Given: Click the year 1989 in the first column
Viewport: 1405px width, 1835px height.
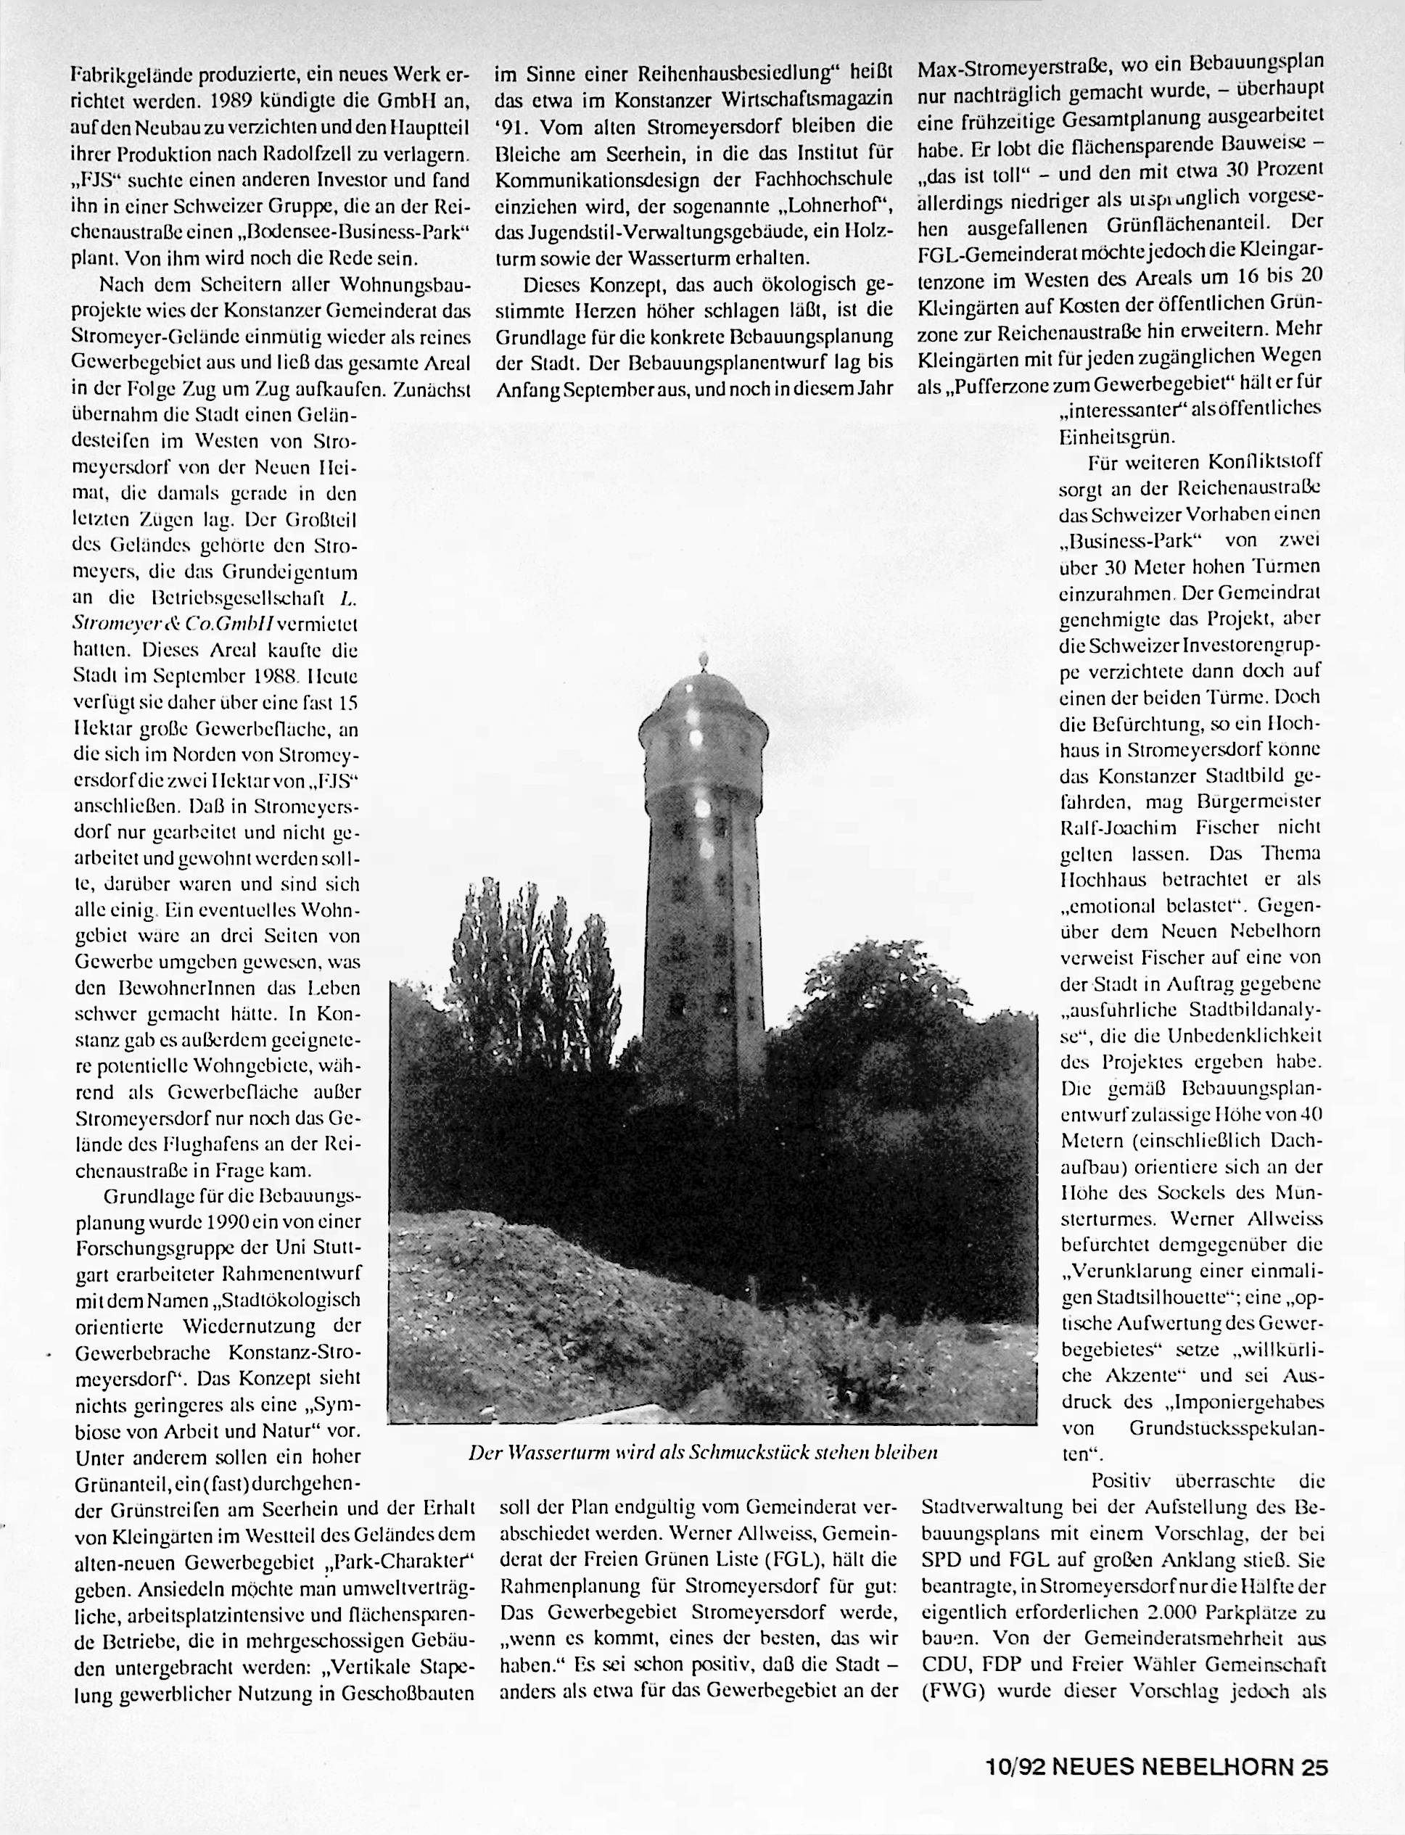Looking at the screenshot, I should [x=236, y=102].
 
